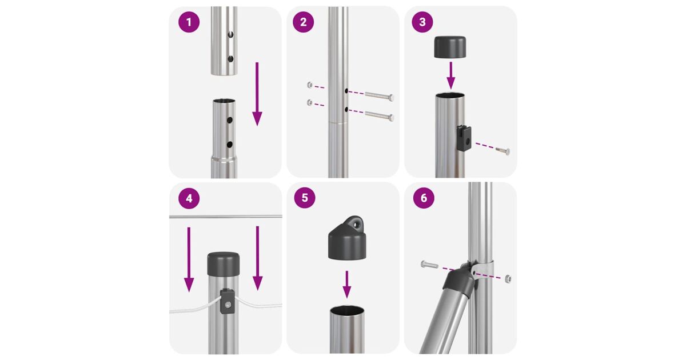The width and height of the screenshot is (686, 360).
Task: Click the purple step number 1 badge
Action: pyautogui.click(x=189, y=22)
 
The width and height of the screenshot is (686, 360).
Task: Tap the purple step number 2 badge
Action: pyautogui.click(x=303, y=22)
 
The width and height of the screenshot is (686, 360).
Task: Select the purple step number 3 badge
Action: pyautogui.click(x=422, y=22)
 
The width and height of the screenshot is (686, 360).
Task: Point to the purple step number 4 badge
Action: pyautogui.click(x=189, y=198)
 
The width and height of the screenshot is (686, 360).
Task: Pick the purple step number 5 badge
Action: pyautogui.click(x=304, y=198)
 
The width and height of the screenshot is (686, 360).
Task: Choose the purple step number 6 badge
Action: pyautogui.click(x=424, y=198)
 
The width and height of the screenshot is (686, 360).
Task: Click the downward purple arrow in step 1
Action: pyautogui.click(x=257, y=94)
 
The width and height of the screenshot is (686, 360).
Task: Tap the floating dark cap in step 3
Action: pyautogui.click(x=450, y=47)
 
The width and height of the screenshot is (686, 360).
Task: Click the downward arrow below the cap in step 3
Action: pyautogui.click(x=450, y=75)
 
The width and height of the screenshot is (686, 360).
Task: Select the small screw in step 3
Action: pyautogui.click(x=502, y=150)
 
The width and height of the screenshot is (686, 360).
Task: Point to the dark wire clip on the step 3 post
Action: pyautogui.click(x=464, y=139)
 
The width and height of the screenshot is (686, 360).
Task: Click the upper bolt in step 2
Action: pyautogui.click(x=380, y=96)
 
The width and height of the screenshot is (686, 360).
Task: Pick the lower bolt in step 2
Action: pyautogui.click(x=380, y=115)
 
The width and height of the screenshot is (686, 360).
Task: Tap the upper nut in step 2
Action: pyautogui.click(x=310, y=85)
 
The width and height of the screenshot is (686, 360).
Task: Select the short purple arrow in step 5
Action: pyautogui.click(x=346, y=285)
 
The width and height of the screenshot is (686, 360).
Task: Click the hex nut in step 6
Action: pyautogui.click(x=508, y=278)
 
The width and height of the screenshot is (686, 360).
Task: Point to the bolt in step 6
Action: pyautogui.click(x=429, y=264)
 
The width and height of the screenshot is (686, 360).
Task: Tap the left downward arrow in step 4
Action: pyautogui.click(x=189, y=259)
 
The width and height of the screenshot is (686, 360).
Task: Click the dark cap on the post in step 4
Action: pyautogui.click(x=224, y=264)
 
